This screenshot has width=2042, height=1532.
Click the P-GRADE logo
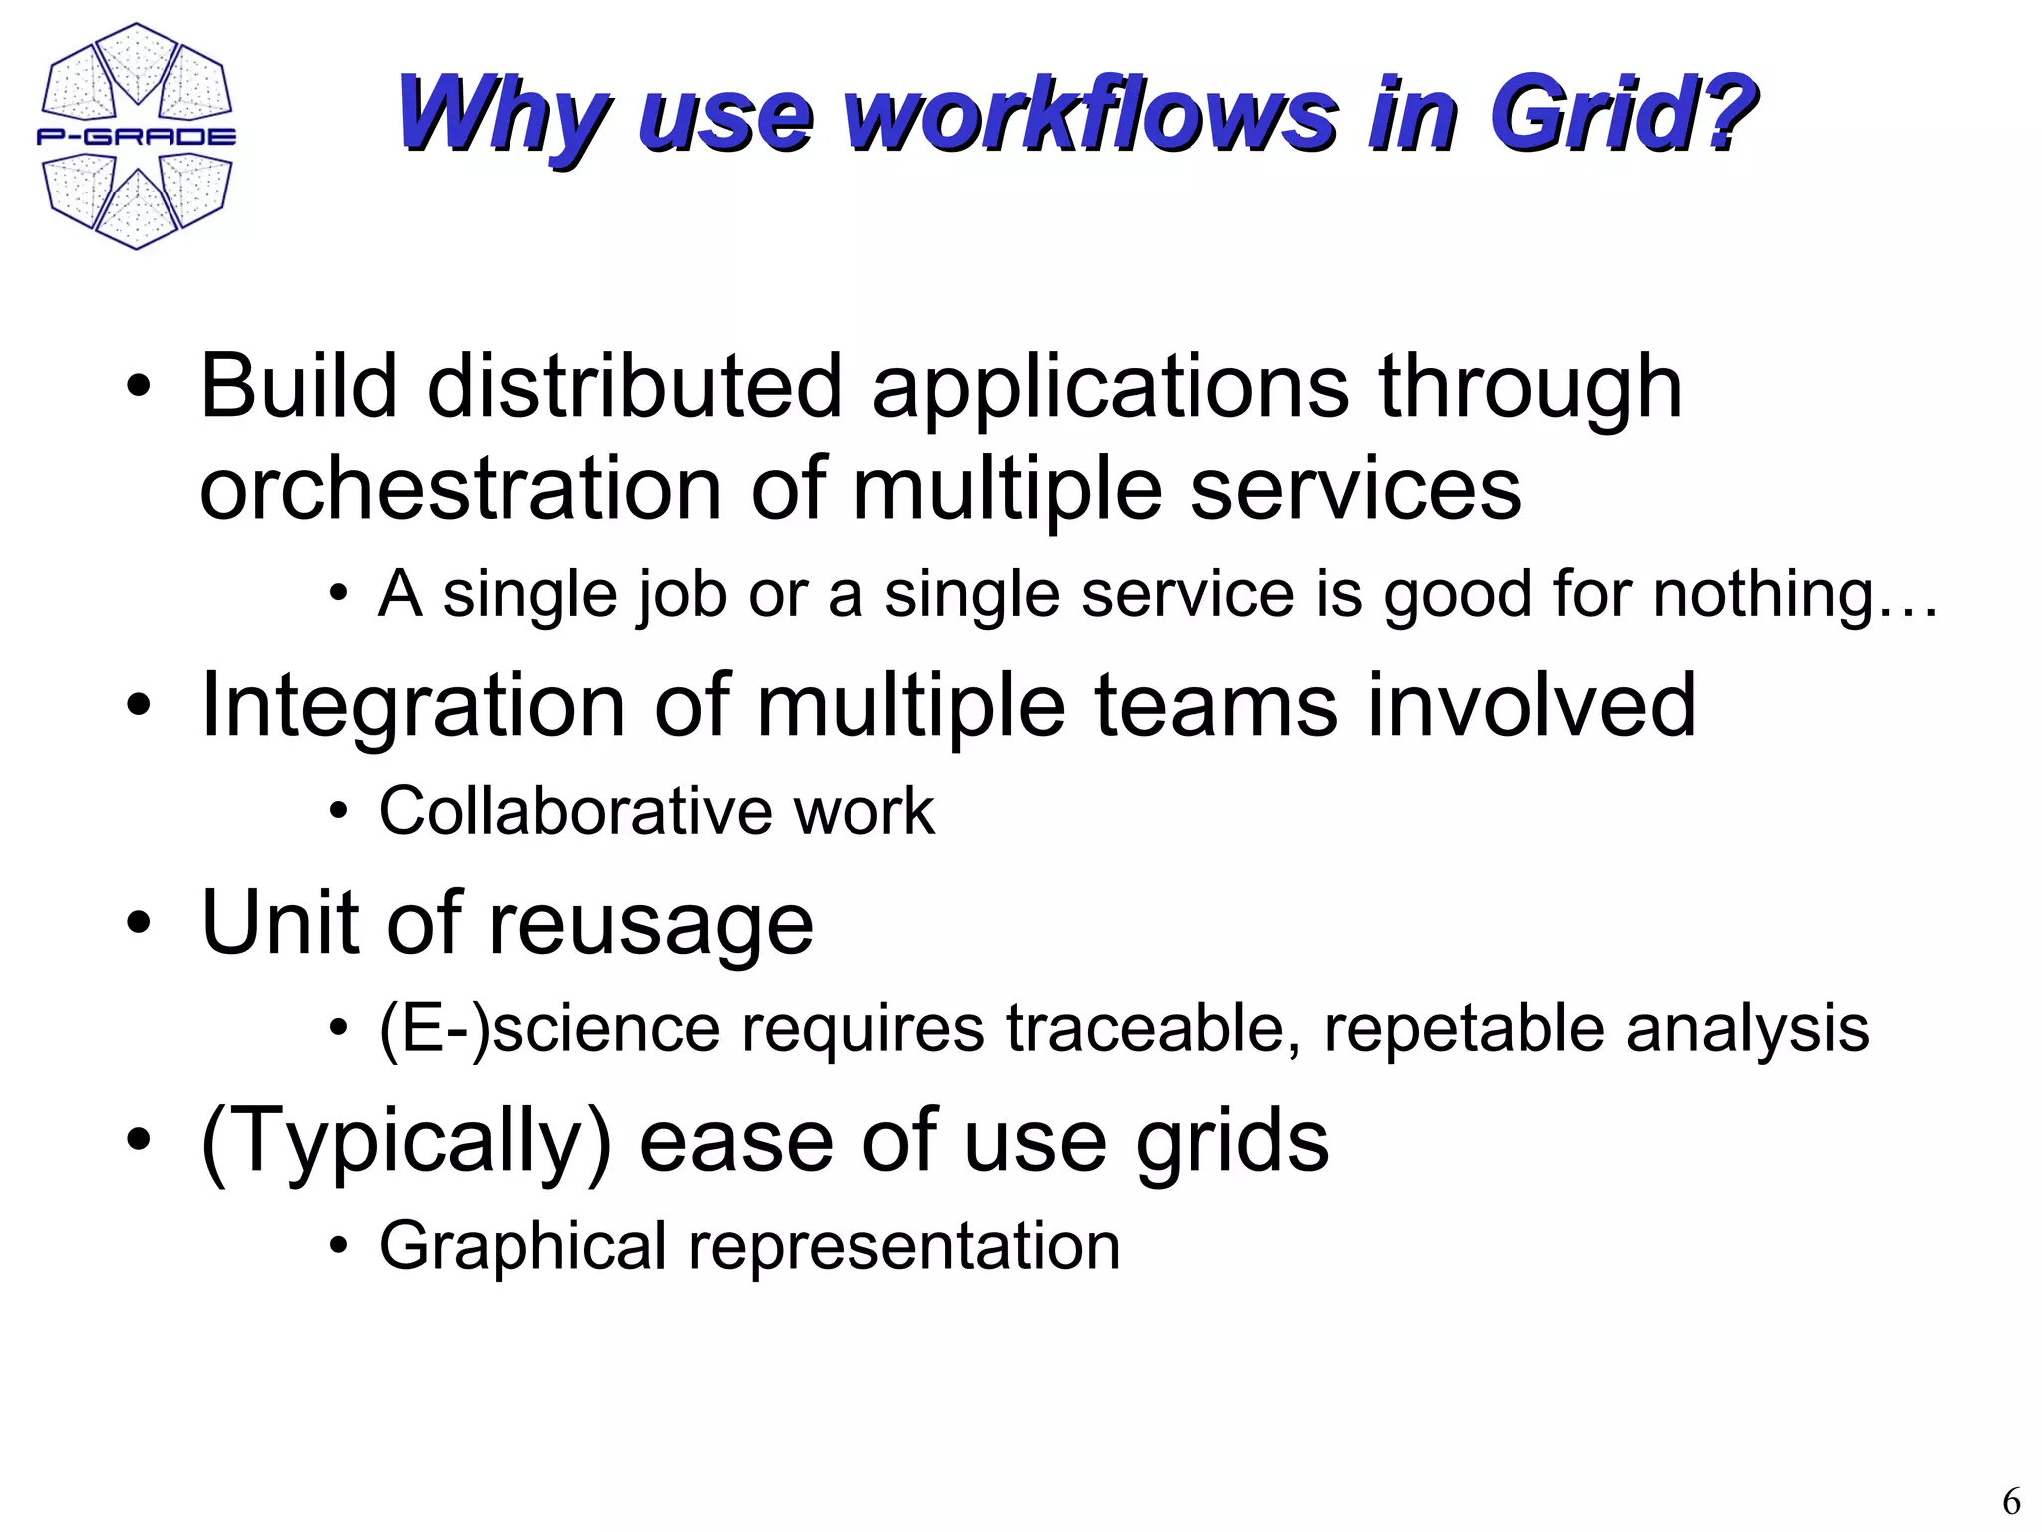pos(137,137)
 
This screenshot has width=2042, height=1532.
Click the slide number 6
pos(2011,1501)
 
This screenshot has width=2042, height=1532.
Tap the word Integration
pos(413,706)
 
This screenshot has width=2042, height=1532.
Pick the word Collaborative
pos(572,810)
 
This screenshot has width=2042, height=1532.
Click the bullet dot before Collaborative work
pos(339,811)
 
